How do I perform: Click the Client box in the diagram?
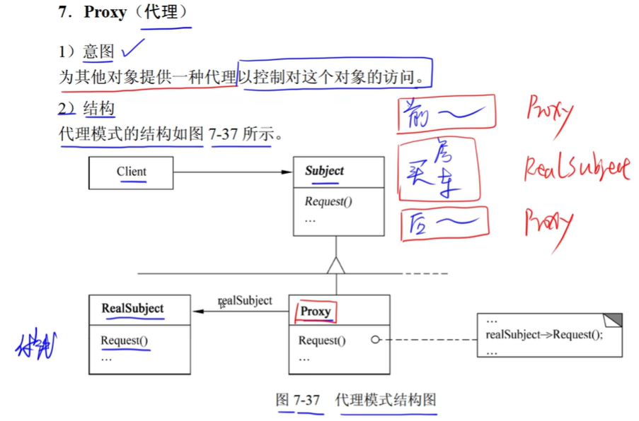(131, 172)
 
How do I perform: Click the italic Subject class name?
(324, 171)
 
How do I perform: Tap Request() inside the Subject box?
(328, 201)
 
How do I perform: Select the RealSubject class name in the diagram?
(132, 309)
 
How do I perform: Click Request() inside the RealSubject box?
(124, 340)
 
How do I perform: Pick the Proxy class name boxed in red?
(316, 312)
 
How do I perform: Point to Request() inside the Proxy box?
(322, 340)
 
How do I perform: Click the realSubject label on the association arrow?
(245, 301)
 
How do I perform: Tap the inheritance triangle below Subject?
(336, 266)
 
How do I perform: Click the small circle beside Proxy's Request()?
(375, 340)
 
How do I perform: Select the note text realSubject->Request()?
(544, 335)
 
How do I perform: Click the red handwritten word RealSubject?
(576, 168)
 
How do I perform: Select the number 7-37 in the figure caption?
(307, 401)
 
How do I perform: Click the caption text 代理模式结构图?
(386, 401)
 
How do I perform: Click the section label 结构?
(99, 109)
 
